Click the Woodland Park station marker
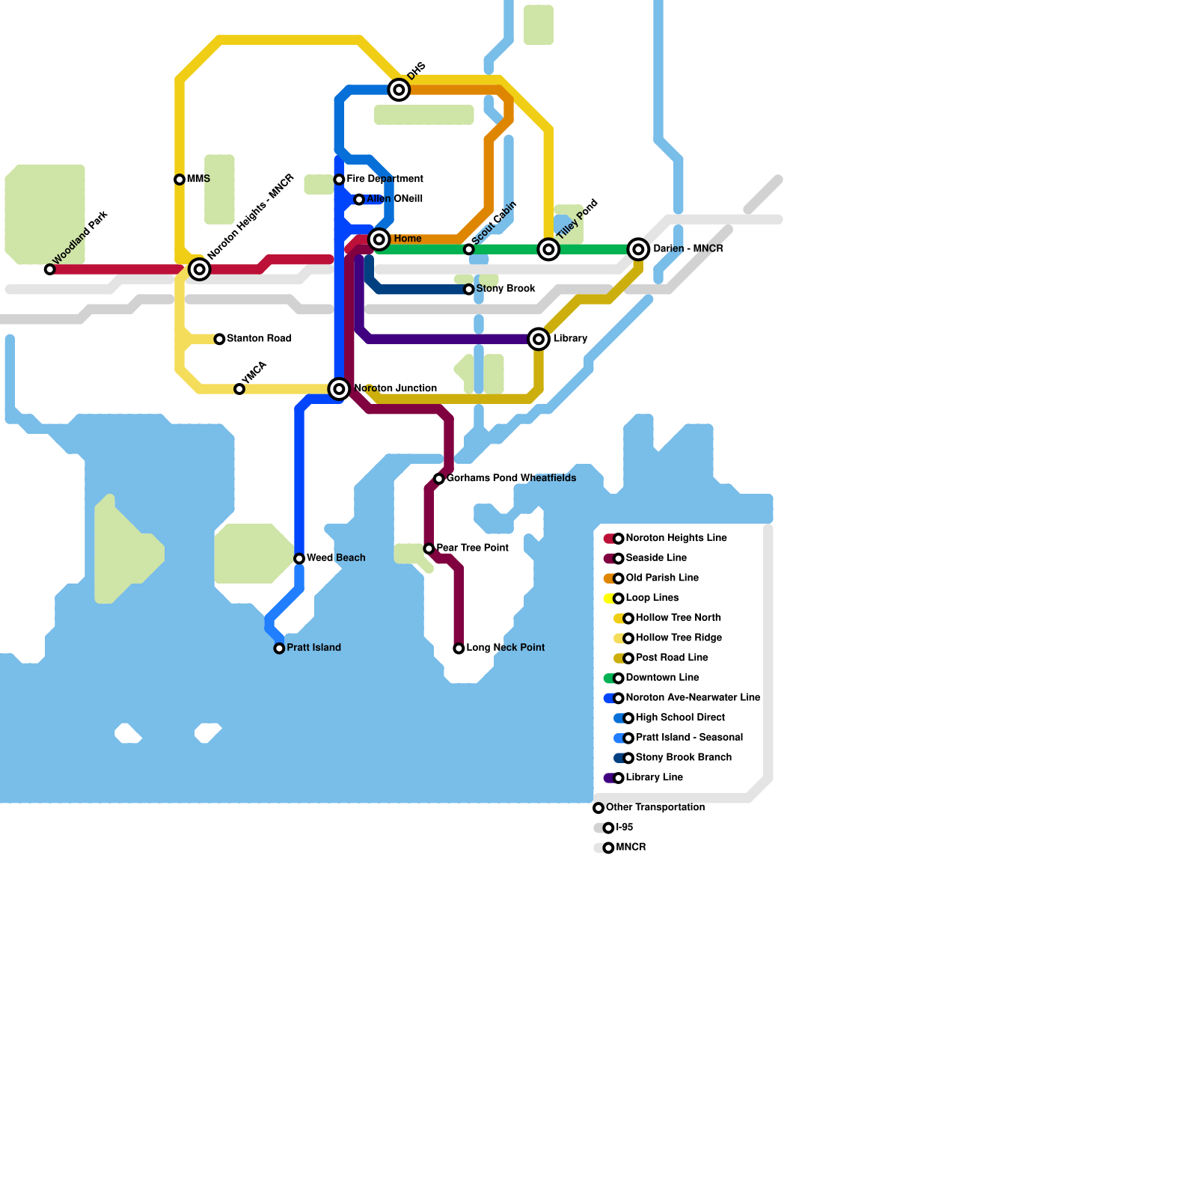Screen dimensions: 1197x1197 (49, 269)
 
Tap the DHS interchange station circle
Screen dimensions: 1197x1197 (399, 90)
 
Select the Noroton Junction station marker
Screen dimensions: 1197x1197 (340, 389)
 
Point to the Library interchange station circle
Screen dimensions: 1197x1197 (539, 339)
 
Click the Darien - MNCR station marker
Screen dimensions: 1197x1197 (638, 249)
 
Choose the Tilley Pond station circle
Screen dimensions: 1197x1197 (549, 249)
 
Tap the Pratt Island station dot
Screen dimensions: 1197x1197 (279, 649)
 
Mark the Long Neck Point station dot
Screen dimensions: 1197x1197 (459, 649)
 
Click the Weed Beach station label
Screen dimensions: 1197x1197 (336, 558)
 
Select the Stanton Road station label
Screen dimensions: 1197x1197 (259, 339)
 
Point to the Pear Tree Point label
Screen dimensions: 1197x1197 (472, 548)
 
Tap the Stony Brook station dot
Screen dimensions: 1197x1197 (469, 290)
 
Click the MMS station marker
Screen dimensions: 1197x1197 (180, 180)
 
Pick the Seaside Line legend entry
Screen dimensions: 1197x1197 (656, 558)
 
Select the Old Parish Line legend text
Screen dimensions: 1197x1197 (662, 578)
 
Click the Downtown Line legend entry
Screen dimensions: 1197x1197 (662, 678)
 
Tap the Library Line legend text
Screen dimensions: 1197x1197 (654, 778)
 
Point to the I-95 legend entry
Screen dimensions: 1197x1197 (624, 827)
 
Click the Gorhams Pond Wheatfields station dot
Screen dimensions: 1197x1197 (439, 479)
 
